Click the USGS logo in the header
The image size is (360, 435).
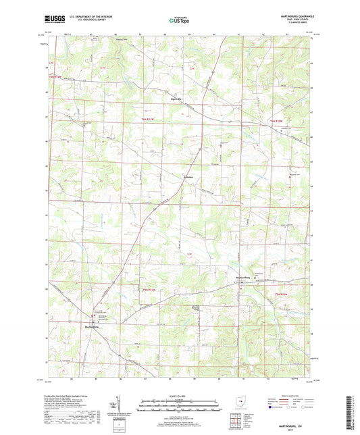coord(51,20)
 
